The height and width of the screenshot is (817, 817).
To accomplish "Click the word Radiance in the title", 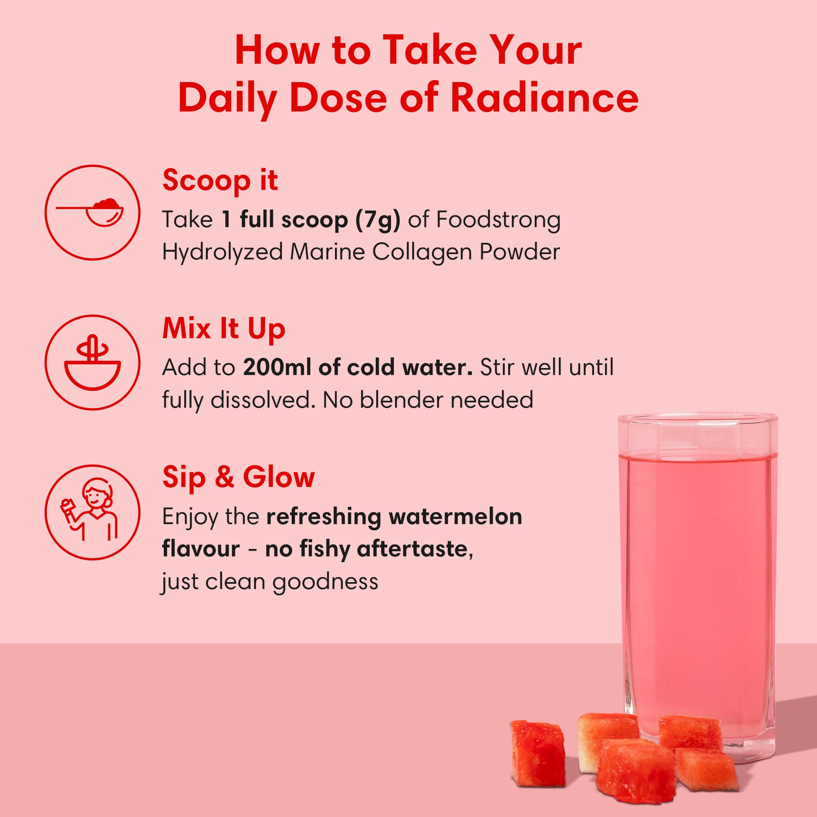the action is (x=544, y=99).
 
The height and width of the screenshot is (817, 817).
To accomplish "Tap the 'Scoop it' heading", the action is (x=220, y=181).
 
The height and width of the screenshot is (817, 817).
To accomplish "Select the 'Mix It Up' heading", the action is (x=224, y=329).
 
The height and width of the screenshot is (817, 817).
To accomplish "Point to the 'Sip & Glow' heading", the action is (x=238, y=477).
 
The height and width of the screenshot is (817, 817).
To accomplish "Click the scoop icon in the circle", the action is (x=92, y=213).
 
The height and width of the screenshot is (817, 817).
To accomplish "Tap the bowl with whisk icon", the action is (x=92, y=362).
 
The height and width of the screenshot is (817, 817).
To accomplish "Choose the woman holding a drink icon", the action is (x=92, y=512).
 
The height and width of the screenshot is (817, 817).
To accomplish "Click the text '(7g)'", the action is (x=377, y=220).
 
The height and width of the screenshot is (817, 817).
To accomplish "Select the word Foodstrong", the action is (x=498, y=220).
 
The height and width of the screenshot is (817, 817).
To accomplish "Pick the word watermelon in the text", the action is (x=456, y=516).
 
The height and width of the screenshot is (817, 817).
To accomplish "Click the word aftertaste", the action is (x=412, y=549).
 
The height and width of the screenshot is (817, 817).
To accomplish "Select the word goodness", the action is (x=325, y=582).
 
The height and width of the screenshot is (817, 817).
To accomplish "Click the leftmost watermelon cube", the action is (x=537, y=753).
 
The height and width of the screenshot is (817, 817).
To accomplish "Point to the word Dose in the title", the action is (x=338, y=99).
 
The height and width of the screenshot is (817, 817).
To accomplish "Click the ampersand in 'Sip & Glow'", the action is (x=224, y=477).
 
